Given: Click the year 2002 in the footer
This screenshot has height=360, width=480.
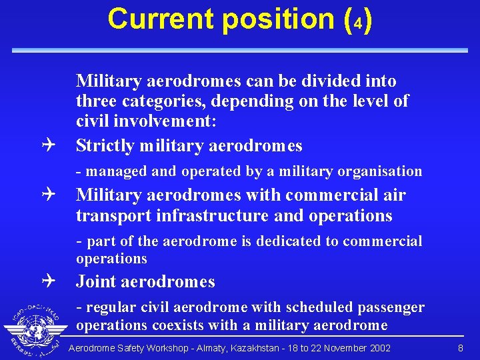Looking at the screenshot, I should coord(378,348).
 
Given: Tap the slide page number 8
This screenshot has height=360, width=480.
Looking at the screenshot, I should coord(461,348).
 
